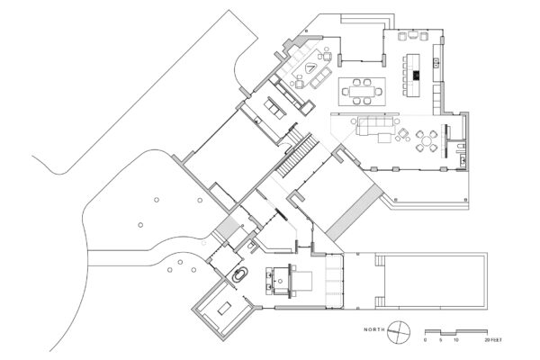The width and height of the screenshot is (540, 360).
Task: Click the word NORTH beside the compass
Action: [374, 329]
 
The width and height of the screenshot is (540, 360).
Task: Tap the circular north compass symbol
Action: [399, 332]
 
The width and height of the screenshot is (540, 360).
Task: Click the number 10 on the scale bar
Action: [456, 340]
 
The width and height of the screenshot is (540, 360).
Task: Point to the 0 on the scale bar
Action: [426, 340]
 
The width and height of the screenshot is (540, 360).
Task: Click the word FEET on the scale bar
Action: [497, 340]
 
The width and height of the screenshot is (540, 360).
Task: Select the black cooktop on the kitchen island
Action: [416, 76]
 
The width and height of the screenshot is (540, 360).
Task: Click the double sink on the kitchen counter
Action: [436, 62]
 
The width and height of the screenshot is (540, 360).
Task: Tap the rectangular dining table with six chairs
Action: [362, 92]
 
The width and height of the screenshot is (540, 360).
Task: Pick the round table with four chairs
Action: [427, 141]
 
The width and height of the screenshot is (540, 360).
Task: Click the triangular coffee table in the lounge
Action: [310, 67]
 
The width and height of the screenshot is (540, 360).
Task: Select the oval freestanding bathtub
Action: [238, 275]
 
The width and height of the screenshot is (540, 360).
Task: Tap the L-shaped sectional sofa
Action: [374, 126]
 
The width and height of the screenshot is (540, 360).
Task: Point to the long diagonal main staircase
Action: [299, 156]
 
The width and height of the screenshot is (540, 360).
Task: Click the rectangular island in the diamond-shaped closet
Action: [224, 308]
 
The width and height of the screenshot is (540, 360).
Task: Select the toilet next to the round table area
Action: [460, 148]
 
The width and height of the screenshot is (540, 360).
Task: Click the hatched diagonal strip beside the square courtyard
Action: [355, 212]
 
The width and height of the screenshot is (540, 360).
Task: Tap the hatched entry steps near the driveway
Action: [227, 227]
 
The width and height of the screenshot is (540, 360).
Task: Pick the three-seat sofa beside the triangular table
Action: [320, 77]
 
